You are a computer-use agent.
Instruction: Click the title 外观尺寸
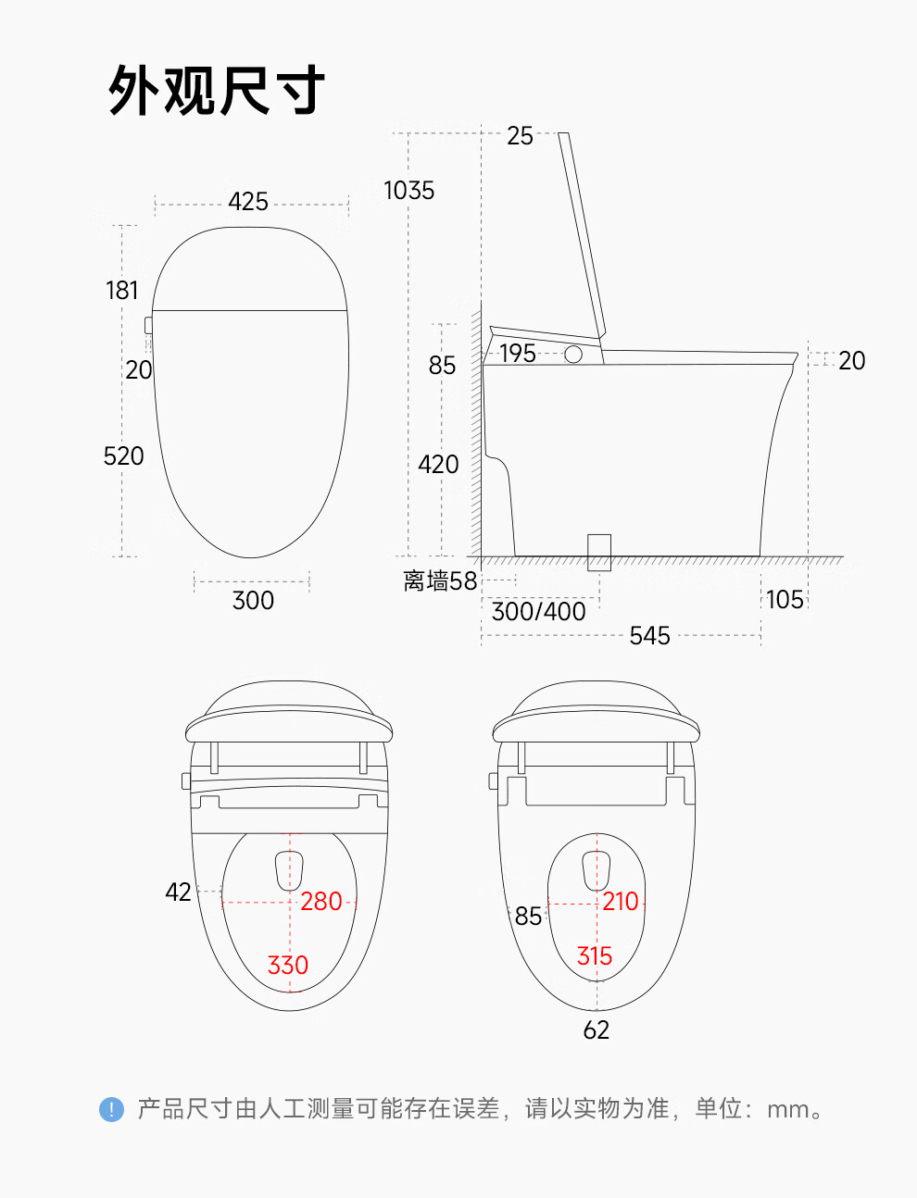[x=217, y=90]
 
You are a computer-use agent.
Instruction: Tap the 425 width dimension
[x=248, y=202]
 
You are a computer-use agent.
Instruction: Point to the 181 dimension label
[x=121, y=291]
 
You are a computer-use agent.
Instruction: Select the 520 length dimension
[x=124, y=455]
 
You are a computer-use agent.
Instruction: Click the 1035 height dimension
[x=408, y=191]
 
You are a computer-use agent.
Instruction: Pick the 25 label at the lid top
[x=520, y=136]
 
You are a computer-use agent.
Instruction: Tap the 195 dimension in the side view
[x=518, y=353]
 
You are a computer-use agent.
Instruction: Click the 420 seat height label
[x=438, y=465]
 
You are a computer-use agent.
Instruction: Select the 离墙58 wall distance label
[x=440, y=581]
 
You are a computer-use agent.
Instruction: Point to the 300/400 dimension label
[x=539, y=611]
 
